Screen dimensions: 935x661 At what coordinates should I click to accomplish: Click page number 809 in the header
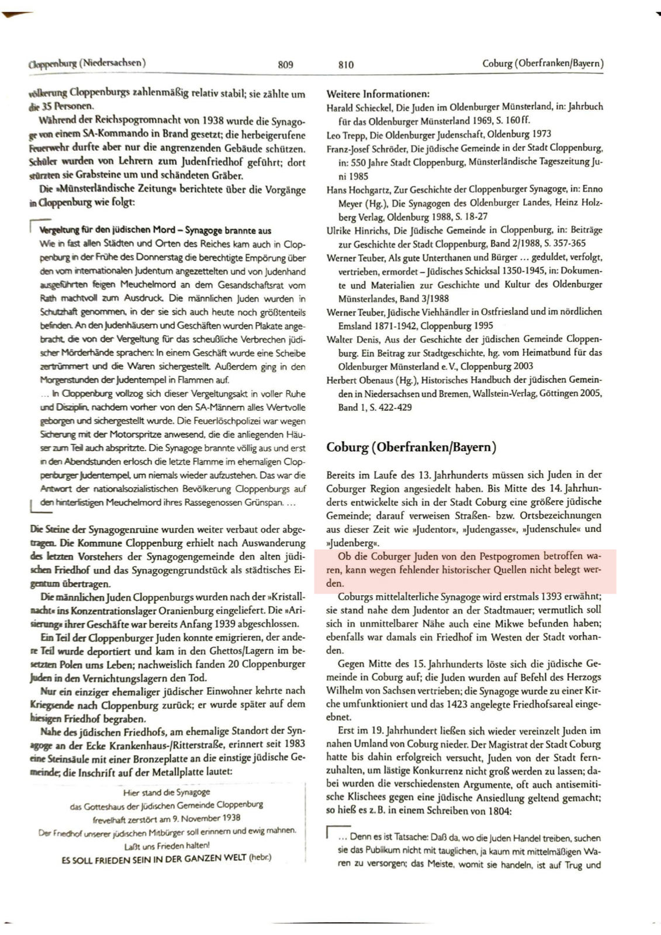click(285, 65)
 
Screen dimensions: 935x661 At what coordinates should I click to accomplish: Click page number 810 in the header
click(346, 65)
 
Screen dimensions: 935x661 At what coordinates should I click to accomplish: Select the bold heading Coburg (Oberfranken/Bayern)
click(411, 448)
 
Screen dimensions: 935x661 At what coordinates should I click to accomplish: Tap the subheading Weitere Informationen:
click(378, 94)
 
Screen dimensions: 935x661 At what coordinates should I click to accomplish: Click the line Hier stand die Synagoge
click(167, 792)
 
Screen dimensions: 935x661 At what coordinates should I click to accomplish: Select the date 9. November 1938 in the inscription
click(207, 818)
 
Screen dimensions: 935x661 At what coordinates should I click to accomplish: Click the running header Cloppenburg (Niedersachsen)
click(86, 63)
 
